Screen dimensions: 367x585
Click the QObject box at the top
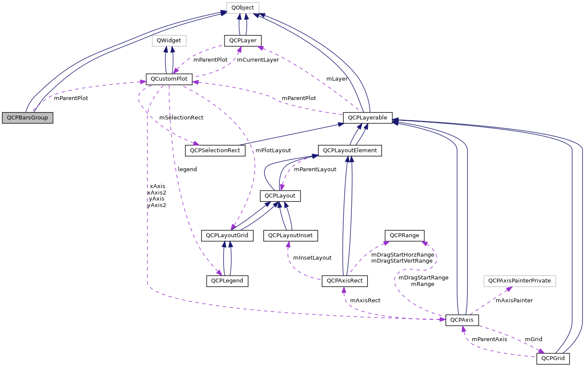243,7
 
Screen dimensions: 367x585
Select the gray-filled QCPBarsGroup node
27,118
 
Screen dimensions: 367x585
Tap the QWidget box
169,41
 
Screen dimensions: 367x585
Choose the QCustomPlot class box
169,79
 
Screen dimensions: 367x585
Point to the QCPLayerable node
367,117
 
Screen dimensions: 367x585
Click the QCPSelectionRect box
215,151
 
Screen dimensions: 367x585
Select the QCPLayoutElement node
350,151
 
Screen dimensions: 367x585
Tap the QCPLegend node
227,281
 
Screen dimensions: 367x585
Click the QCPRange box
405,235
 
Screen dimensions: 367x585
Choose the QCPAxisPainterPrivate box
519,281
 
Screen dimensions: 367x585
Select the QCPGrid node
553,358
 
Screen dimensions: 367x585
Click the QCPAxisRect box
345,281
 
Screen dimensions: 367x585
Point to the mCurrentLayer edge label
258,60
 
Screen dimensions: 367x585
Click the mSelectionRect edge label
181,117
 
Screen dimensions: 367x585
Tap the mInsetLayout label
312,258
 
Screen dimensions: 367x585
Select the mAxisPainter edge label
514,300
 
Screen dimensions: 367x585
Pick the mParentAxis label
489,339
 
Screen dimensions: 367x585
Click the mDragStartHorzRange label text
402,255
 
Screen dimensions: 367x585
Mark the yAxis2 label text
157,205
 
